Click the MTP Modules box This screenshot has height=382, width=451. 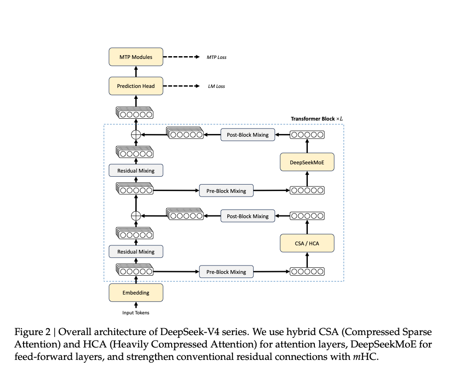(136, 57)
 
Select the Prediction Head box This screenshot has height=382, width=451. (136, 86)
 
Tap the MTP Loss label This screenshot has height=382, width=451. (216, 58)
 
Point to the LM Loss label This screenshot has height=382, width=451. (216, 87)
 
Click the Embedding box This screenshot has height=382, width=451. (136, 292)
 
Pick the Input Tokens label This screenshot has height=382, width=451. (136, 313)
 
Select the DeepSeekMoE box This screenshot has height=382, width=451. (307, 162)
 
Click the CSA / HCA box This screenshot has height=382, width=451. (307, 243)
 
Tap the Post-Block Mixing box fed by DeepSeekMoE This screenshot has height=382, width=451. (248, 135)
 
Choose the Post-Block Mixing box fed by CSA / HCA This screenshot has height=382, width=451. (248, 216)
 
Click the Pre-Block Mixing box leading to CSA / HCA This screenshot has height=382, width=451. (226, 272)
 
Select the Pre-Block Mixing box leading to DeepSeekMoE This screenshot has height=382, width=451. (226, 191)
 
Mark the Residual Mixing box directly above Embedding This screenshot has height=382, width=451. (136, 252)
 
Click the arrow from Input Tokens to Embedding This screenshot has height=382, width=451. (136, 305)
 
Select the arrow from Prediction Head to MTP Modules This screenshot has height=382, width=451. (136, 71)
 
